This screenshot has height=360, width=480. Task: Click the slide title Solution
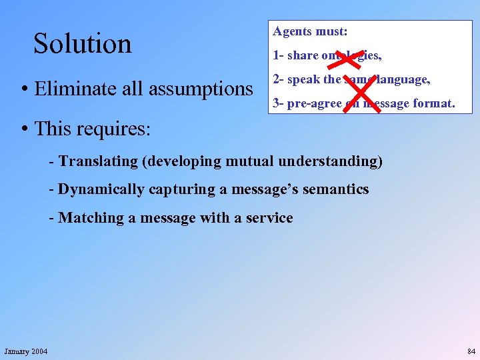click(83, 44)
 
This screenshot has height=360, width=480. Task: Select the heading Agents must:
click(310, 31)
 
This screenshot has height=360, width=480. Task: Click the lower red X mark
click(361, 95)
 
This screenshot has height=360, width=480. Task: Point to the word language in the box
click(402, 79)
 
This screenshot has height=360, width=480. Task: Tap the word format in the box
click(433, 103)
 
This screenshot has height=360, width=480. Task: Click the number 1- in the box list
click(278, 55)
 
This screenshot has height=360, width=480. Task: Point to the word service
click(270, 218)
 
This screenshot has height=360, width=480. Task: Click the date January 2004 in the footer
click(26, 351)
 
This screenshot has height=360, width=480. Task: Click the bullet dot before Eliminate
click(23, 89)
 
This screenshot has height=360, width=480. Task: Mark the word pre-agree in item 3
click(315, 103)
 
